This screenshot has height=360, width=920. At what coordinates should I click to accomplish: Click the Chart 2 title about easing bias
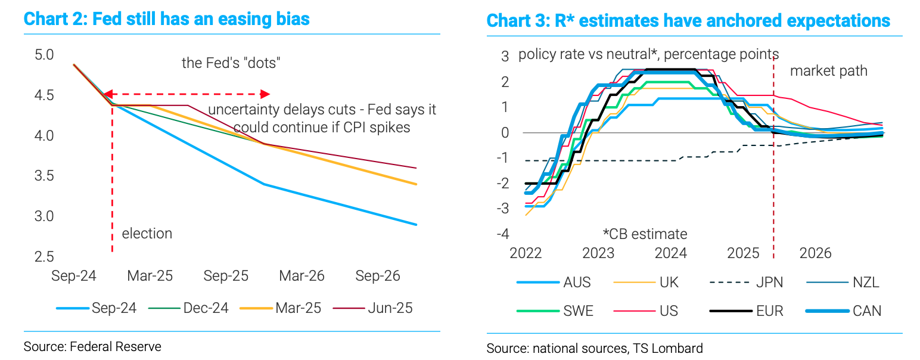(166, 19)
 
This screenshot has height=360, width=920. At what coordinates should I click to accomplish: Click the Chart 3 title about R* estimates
(688, 21)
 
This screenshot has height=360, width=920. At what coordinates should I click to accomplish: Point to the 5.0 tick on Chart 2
(45, 55)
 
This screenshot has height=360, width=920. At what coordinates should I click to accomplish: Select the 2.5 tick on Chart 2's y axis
(45, 257)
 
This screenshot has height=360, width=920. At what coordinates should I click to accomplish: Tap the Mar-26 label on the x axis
(302, 277)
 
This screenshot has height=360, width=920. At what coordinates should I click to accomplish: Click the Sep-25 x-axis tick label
(226, 277)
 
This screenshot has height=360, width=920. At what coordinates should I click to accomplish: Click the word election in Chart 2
(147, 234)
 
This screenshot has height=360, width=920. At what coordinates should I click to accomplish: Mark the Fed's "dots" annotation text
(231, 63)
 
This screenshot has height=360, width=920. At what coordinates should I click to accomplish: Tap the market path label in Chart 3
(828, 72)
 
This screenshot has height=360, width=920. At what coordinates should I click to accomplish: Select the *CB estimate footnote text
(645, 234)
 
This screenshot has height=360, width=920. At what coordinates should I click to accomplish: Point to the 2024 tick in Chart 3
(671, 253)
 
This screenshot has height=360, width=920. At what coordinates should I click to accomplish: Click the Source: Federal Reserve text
(92, 346)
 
